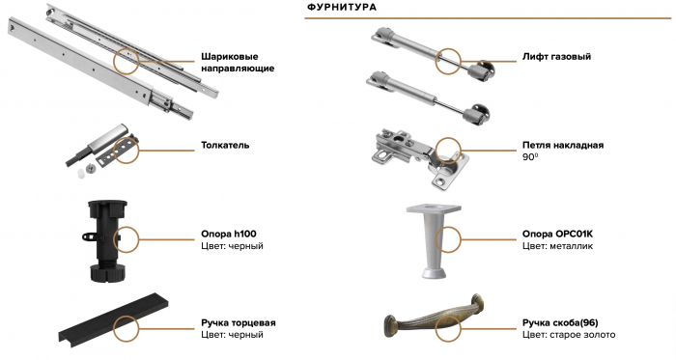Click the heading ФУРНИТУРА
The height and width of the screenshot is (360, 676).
pyautogui.click(x=341, y=8)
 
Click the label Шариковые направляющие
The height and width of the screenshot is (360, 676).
pyautogui.click(x=238, y=63)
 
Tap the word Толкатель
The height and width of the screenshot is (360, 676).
pyautogui.click(x=225, y=146)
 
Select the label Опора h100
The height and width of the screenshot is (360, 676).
pyautogui.click(x=228, y=234)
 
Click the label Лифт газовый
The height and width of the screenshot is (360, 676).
pyautogui.click(x=556, y=56)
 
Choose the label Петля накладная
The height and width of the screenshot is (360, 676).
pyautogui.click(x=563, y=145)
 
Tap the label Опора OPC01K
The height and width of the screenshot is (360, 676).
pyautogui.click(x=564, y=234)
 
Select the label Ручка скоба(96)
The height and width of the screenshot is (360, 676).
pyautogui.click(x=566, y=321)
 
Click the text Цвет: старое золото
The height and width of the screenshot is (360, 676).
pyautogui.click(x=569, y=334)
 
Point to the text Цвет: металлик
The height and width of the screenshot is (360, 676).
pyautogui.click(x=556, y=246)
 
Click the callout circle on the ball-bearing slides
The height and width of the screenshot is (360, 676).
pyautogui.click(x=127, y=61)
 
